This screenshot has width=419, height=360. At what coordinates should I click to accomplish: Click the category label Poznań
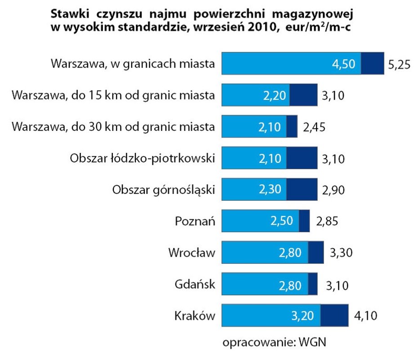(195, 221)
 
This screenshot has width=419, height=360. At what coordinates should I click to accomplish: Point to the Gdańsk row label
(195, 284)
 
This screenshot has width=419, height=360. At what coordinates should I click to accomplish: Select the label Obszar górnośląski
(164, 190)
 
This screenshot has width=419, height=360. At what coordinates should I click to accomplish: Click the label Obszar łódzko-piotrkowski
(143, 158)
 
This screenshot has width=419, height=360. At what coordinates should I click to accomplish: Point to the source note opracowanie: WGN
(273, 342)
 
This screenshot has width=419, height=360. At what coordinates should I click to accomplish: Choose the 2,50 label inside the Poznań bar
(281, 221)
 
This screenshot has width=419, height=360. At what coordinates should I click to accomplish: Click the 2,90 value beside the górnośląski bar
(334, 190)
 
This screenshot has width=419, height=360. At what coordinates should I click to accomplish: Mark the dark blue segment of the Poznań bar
(304, 221)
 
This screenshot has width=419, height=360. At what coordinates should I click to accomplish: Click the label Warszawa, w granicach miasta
(133, 64)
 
